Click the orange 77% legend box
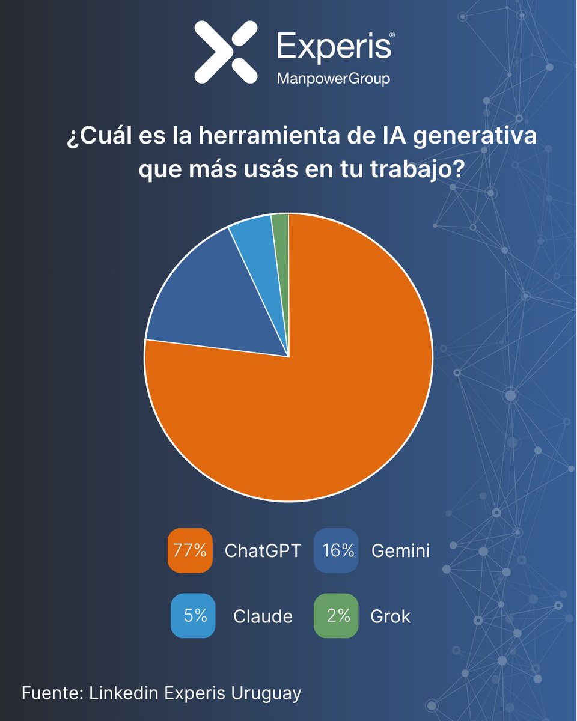point(190,550)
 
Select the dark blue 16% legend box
point(336,550)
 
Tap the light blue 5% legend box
point(192,615)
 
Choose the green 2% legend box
point(336,615)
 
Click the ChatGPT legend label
point(262,551)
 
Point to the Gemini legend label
point(400,551)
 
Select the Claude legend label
point(263,616)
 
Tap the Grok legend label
point(391,616)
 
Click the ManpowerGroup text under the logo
point(332,79)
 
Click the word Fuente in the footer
point(52,693)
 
